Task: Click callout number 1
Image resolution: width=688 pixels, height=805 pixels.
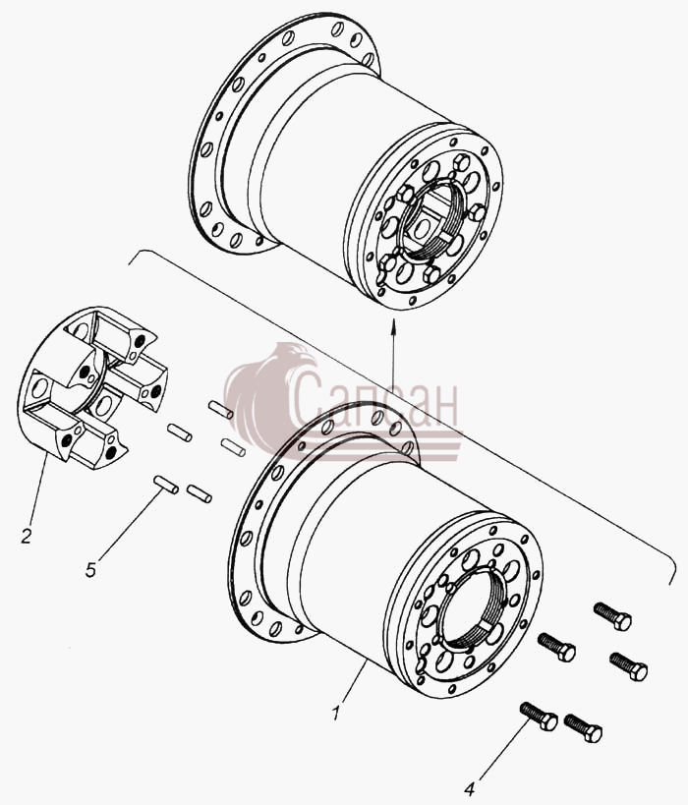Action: click(336, 714)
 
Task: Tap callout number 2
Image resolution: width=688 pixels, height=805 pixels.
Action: click(27, 536)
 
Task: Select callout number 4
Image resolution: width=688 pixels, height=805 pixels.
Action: click(471, 787)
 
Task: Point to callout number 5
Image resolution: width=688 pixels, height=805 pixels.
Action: click(90, 570)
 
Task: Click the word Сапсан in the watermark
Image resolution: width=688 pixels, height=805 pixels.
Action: click(373, 403)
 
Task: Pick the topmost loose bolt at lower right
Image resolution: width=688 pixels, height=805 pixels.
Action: click(612, 615)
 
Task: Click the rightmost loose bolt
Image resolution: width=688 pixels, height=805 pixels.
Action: click(628, 665)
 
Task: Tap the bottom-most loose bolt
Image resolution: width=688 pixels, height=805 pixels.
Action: click(583, 728)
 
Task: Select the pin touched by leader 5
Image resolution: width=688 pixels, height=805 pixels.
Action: click(166, 485)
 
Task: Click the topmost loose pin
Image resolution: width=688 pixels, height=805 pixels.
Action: click(221, 409)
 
